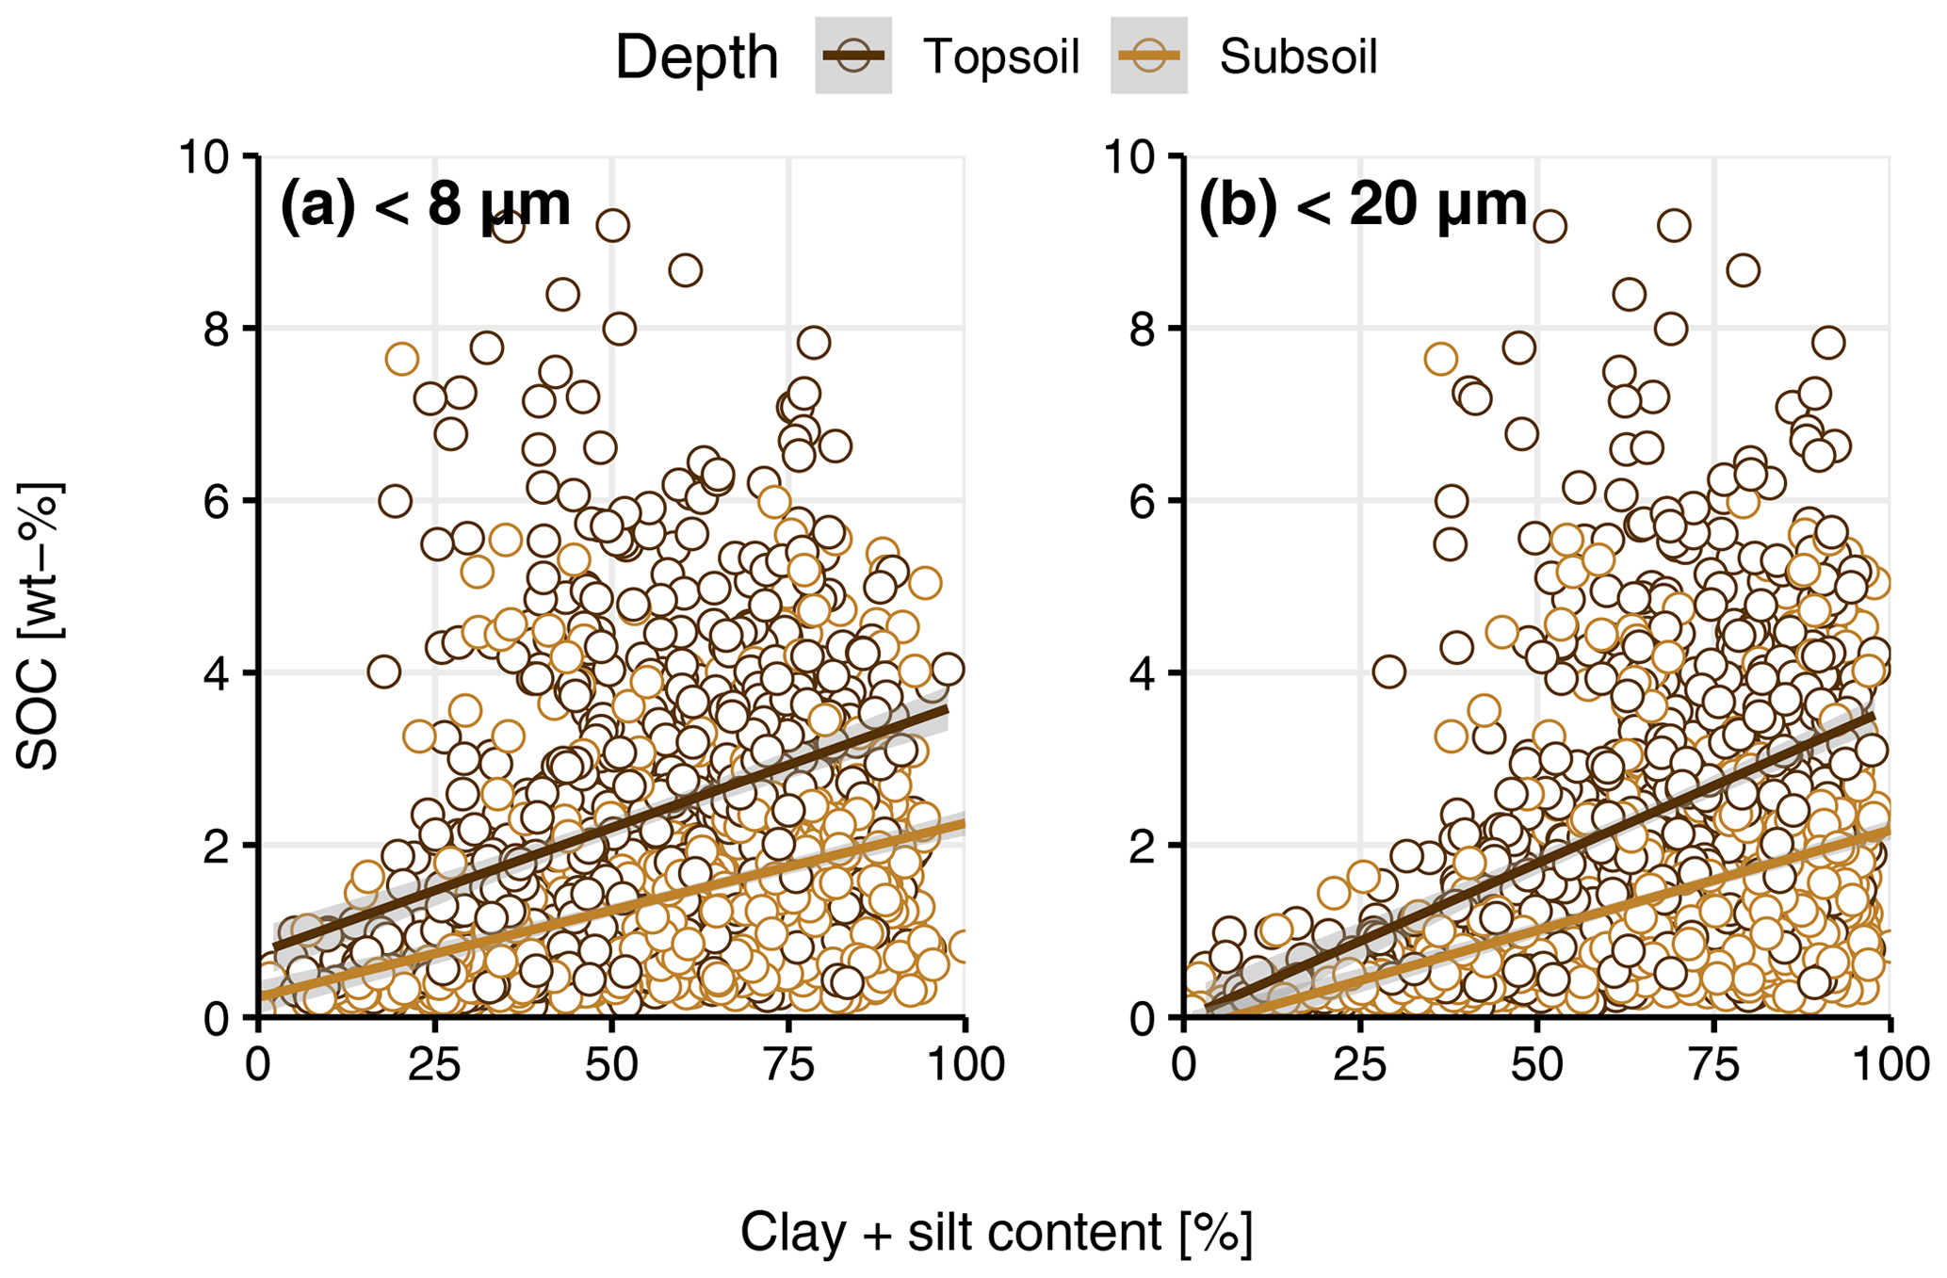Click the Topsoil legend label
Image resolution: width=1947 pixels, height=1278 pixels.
pos(1000,57)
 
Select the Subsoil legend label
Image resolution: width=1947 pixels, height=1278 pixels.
pos(1297,57)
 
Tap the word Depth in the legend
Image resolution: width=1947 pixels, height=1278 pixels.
pos(696,58)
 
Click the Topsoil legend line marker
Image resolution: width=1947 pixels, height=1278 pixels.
pos(853,56)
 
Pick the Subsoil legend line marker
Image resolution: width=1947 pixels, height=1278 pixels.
pos(1148,56)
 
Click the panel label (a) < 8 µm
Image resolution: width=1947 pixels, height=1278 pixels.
pos(426,204)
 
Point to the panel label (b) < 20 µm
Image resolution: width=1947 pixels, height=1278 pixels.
pos(1362,204)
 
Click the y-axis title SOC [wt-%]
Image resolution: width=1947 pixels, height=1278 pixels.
pos(40,626)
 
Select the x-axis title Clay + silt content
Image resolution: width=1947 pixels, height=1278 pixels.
pos(997,1232)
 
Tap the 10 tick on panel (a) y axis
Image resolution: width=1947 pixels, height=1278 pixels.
pos(203,156)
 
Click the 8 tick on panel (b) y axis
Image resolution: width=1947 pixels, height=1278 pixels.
pos(1143,329)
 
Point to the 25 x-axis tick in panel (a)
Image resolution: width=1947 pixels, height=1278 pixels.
pos(434,1065)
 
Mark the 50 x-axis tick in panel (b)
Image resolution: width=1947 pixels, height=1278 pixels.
pos(1537,1065)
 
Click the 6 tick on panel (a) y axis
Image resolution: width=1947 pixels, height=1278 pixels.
pos(217,501)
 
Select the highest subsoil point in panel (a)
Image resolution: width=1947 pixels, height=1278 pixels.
pos(401,359)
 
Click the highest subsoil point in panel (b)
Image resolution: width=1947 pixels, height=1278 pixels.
pos(1441,359)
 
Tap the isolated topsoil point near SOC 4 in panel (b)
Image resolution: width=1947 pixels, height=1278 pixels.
pos(1388,672)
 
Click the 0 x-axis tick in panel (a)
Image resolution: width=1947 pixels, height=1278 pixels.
pos(258,1065)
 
